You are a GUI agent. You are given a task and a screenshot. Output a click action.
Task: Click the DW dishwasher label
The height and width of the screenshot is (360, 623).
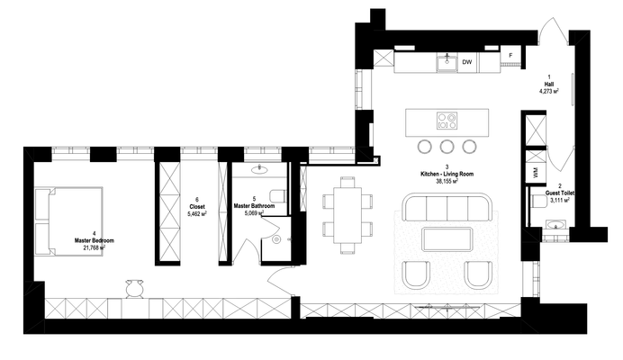[x=466, y=63]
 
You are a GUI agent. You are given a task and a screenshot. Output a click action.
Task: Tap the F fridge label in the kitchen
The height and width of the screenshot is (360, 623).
[x=511, y=56]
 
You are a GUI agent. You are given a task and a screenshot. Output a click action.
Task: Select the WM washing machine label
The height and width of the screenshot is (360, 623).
[x=534, y=170]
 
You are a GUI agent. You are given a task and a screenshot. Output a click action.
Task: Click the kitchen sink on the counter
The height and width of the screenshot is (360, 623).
[x=446, y=61]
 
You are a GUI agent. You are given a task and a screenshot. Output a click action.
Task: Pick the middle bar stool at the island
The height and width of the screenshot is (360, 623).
[x=447, y=146]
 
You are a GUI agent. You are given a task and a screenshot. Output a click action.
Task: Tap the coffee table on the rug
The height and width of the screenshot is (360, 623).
[x=447, y=238]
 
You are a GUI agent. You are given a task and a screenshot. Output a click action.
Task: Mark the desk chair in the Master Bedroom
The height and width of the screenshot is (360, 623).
[x=134, y=287]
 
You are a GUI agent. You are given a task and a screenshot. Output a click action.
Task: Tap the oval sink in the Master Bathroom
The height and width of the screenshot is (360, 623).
[x=259, y=168]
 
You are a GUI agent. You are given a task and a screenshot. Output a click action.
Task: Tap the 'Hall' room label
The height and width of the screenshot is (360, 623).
[x=549, y=83]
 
